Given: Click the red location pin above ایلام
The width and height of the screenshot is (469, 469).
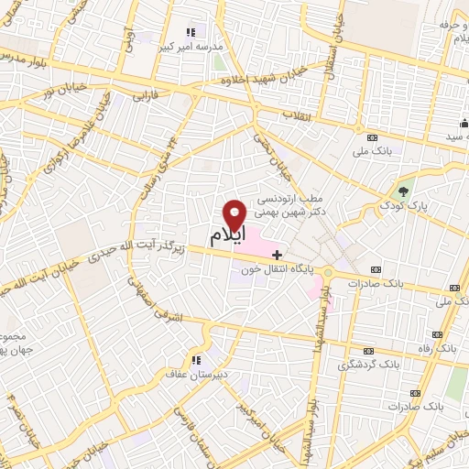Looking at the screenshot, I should click(x=235, y=214).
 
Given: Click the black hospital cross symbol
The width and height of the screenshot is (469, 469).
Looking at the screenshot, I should click(x=278, y=254).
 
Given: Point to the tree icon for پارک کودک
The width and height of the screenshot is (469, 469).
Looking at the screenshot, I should click(x=403, y=190).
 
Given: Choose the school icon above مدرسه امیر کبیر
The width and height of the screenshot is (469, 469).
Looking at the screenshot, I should click(x=190, y=32).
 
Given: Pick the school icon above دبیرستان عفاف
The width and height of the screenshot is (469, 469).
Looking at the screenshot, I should click(x=195, y=359).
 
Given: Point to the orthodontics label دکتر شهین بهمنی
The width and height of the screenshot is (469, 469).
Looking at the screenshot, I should click(x=289, y=211).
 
